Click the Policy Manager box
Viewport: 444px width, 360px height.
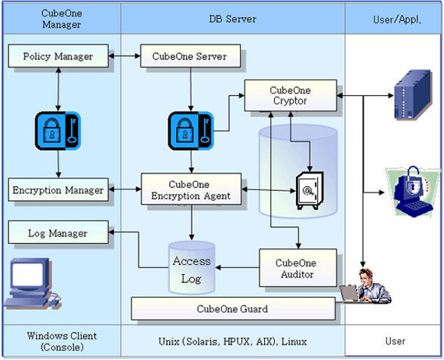58,56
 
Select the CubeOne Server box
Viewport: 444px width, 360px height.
191,56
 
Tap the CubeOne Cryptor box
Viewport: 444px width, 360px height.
291,95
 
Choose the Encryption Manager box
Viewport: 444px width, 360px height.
58,190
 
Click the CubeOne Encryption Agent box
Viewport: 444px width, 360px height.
191,189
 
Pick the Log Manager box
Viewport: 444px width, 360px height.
58,232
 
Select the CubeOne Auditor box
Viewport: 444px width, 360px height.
298,268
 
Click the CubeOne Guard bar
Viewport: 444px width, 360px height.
233,309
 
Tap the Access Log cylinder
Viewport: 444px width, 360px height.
192,268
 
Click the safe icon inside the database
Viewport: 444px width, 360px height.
309,190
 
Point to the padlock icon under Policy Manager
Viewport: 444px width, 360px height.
58,131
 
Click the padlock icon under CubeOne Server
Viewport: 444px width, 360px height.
191,131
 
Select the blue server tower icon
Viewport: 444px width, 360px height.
414,94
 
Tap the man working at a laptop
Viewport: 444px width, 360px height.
367,286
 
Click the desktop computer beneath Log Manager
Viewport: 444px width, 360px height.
32,283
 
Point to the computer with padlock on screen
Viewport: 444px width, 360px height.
413,192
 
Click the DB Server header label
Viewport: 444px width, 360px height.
233,19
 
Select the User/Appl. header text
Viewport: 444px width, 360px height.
397,19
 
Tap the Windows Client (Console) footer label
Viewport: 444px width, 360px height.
62,341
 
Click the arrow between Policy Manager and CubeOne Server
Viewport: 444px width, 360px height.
125,56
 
